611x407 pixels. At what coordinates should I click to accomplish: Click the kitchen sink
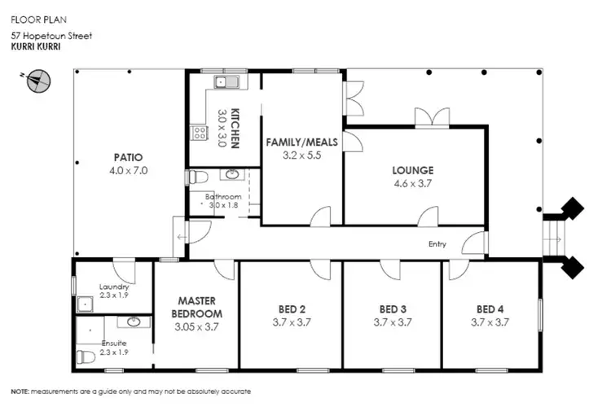click(x=222, y=82)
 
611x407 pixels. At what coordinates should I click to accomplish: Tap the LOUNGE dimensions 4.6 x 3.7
click(x=412, y=184)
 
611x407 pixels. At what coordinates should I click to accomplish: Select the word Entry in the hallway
click(x=438, y=243)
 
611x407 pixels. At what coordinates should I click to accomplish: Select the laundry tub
click(x=85, y=304)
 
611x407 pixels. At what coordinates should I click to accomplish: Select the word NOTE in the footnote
click(x=20, y=392)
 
